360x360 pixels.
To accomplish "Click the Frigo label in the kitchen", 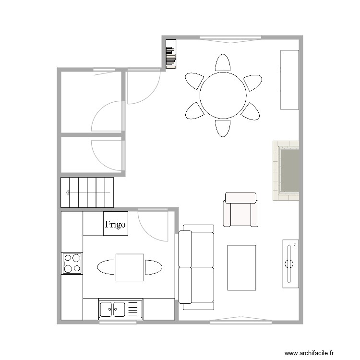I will click(116, 224).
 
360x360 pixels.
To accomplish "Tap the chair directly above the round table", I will click(222, 63).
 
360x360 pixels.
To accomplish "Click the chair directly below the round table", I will click(222, 128).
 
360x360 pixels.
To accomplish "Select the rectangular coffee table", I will click(241, 267).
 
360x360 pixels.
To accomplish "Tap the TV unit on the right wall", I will click(290, 263).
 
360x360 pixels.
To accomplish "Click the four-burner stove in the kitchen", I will click(72, 263).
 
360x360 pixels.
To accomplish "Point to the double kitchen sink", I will click(120, 309).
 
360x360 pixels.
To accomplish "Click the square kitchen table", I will click(130, 267).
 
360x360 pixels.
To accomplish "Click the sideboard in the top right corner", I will click(289, 79).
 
